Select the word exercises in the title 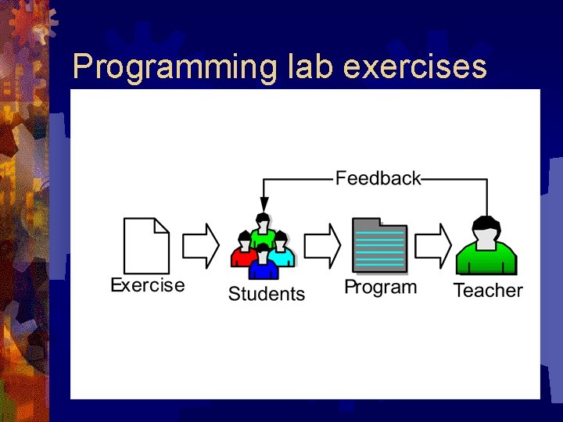tap(415, 67)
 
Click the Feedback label tap(378, 178)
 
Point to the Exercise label tap(148, 285)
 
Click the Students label tap(266, 294)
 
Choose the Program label tap(381, 287)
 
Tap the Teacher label tap(488, 291)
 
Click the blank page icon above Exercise tap(146, 245)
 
